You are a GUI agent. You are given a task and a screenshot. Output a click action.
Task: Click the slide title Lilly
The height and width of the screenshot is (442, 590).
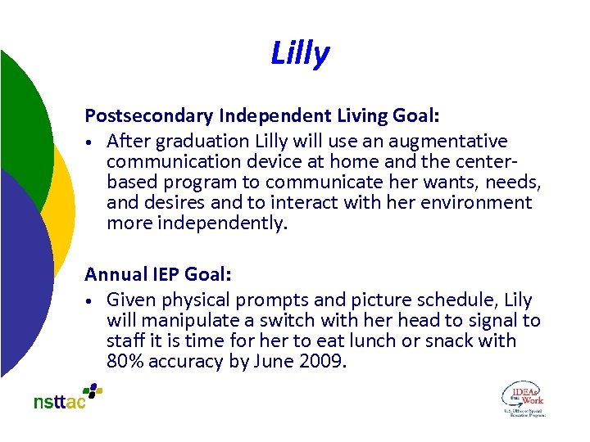tap(300, 54)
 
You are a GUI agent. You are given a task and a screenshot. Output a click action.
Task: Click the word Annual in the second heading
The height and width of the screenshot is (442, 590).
tap(114, 274)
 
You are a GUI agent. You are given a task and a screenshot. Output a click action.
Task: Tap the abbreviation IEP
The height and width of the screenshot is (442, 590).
tap(164, 274)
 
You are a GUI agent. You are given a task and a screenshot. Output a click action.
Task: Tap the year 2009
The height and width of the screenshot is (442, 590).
tap(324, 361)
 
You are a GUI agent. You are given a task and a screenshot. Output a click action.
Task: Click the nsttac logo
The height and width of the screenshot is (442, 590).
tap(67, 397)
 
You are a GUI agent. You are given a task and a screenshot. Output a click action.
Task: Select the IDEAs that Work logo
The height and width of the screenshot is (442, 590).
tap(523, 399)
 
